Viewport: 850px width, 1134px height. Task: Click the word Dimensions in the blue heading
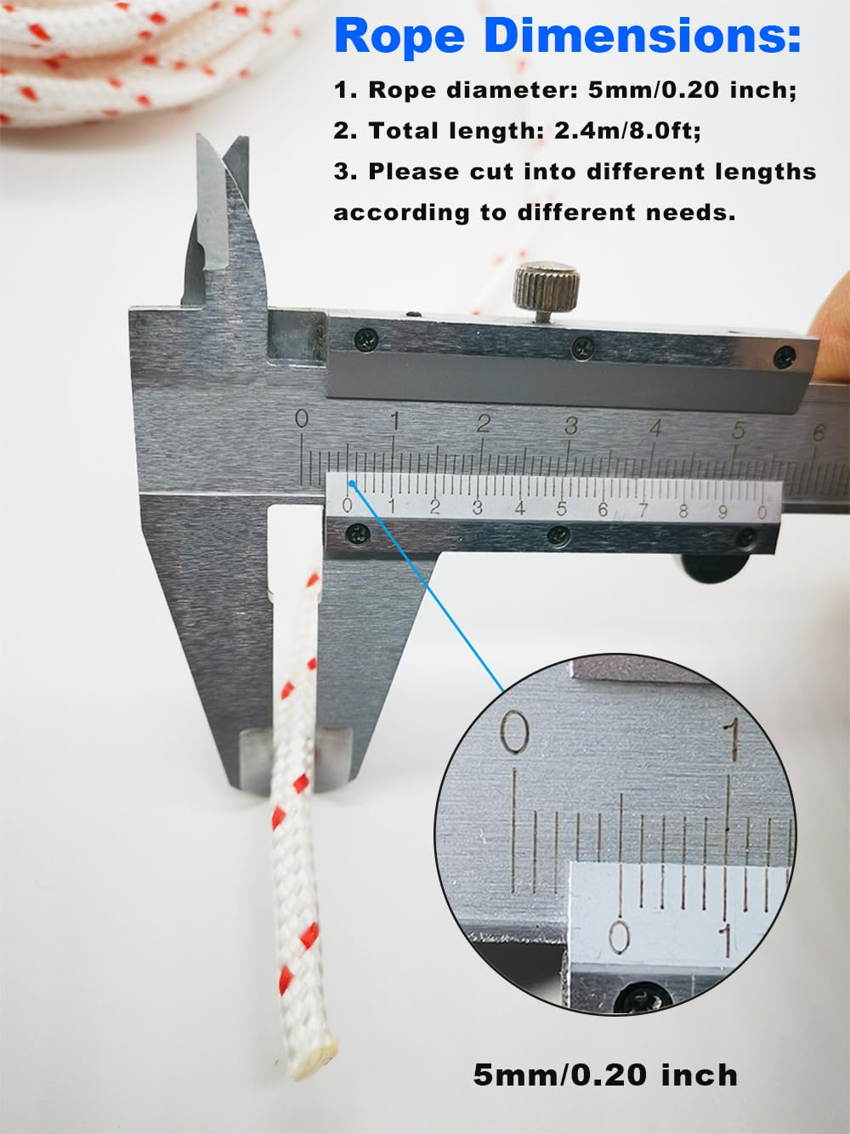coord(643,36)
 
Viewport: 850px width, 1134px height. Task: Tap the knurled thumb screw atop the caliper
coord(547,286)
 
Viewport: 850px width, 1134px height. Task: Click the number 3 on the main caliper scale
coord(570,426)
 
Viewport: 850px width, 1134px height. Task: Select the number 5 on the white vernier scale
coord(561,509)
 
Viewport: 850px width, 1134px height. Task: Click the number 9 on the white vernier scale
coord(722,512)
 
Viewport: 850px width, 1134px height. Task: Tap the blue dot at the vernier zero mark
coord(352,484)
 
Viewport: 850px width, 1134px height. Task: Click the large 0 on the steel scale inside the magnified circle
coord(514,732)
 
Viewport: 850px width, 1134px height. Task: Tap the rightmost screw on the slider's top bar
coord(785,358)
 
